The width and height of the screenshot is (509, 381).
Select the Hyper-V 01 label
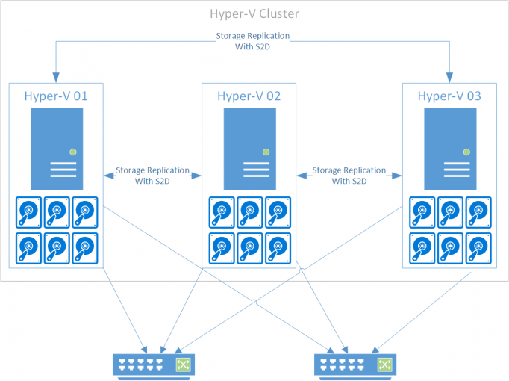56,96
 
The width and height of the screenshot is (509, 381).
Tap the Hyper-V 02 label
249,96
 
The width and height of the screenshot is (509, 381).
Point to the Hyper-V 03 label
449,96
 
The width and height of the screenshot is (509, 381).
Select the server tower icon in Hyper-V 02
249,148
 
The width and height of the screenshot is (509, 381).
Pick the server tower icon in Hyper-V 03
450,148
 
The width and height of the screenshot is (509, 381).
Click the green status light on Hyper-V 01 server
72,152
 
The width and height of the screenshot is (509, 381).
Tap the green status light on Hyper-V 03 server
466,152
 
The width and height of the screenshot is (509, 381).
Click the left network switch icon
153,364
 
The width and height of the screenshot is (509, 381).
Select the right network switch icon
355,364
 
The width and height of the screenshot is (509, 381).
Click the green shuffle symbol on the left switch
183,364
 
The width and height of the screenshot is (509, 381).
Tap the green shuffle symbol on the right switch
384,364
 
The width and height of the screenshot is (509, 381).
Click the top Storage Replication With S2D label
253,40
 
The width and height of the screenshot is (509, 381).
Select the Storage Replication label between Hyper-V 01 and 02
152,176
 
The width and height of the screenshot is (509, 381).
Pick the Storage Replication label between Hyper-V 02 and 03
349,176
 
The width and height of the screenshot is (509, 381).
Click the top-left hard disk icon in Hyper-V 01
29,211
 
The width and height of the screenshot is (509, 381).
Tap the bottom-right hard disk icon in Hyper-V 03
478,247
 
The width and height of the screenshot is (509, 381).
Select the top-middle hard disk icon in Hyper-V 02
249,211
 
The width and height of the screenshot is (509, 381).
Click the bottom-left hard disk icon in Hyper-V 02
222,247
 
